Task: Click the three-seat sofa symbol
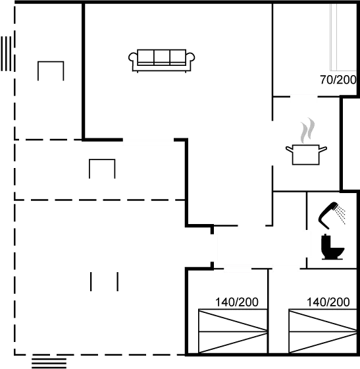tap(163, 59)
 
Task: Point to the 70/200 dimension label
tap(337, 80)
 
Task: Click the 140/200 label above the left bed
tap(237, 302)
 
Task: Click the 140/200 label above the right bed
tap(328, 302)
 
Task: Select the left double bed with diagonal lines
tap(233, 331)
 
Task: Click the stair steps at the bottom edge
tap(49, 362)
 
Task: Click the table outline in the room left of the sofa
tap(51, 70)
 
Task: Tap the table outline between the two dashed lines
tap(103, 169)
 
